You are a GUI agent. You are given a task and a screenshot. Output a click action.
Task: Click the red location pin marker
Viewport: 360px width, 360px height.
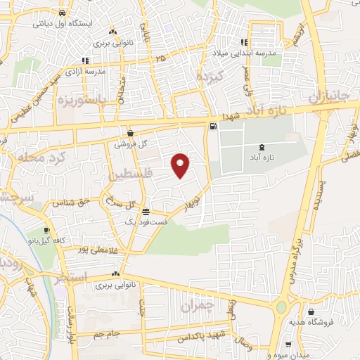tap(181, 165)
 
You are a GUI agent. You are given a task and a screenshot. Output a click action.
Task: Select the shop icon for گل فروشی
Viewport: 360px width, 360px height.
tap(131, 133)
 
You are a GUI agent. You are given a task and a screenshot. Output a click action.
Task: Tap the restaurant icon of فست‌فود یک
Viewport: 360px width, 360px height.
tap(146, 212)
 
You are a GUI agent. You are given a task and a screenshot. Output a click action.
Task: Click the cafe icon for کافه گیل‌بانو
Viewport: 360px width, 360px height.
tap(47, 230)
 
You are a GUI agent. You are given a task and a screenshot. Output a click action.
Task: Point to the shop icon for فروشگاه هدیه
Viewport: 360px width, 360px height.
tap(311, 311)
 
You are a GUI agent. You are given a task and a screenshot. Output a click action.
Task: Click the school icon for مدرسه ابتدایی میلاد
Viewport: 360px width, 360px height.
tap(244, 42)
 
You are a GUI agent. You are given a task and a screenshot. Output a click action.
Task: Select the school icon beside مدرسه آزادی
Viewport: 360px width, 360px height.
tap(86, 60)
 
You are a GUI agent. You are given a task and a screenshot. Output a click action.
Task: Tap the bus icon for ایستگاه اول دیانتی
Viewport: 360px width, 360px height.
tap(64, 13)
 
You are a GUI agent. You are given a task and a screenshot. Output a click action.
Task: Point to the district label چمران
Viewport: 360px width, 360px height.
tap(195, 307)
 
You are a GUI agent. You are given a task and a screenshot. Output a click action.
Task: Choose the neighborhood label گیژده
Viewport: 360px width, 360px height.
tap(210, 77)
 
